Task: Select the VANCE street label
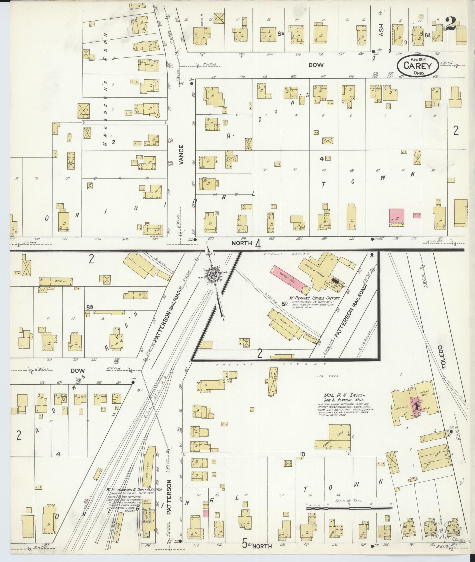coord(181,155)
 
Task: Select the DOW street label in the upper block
coord(316,65)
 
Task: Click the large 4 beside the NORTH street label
coord(258,244)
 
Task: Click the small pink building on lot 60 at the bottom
coord(206,513)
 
